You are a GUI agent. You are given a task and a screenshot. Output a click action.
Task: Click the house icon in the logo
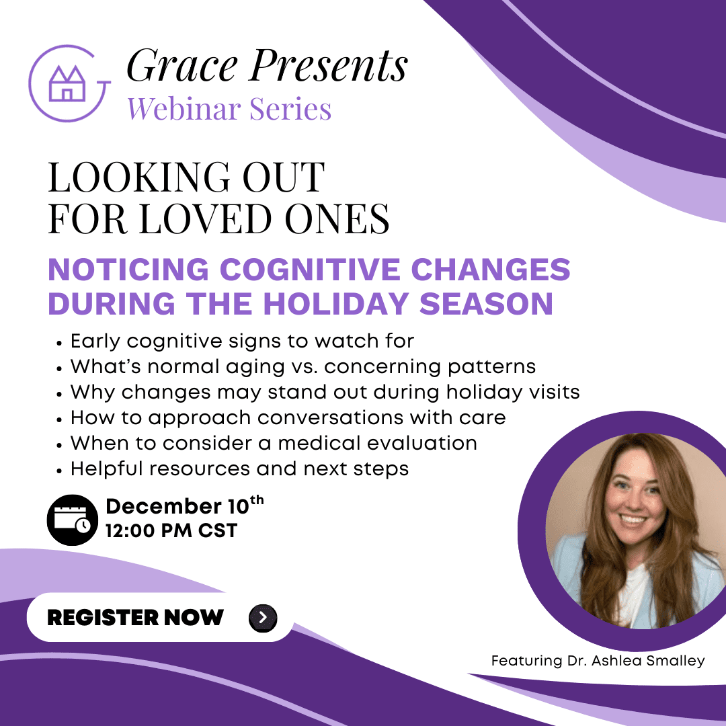coord(68,83)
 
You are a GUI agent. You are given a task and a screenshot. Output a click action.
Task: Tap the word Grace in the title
coord(182,65)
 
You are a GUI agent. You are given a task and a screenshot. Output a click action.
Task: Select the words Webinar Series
coord(229,109)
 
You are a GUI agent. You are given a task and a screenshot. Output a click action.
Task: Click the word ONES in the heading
coord(337,218)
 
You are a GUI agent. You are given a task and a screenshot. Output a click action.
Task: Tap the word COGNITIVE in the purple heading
coord(310,270)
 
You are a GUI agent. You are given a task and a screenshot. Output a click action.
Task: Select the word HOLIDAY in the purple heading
coord(335,304)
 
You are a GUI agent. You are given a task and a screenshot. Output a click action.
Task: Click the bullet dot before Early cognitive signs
coord(58,344)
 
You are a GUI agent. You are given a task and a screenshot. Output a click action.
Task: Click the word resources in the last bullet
coord(200,469)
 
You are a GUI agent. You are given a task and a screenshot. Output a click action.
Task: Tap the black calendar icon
coord(73,520)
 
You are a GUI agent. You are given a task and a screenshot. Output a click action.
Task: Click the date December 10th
coord(185,506)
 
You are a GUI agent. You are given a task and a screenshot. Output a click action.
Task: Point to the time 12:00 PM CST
coord(171,530)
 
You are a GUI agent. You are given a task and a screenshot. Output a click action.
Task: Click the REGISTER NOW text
coord(135,618)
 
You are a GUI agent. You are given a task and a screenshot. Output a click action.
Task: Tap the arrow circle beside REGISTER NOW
coord(263,618)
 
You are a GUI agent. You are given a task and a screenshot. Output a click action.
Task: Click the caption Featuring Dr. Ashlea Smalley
coord(598,661)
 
